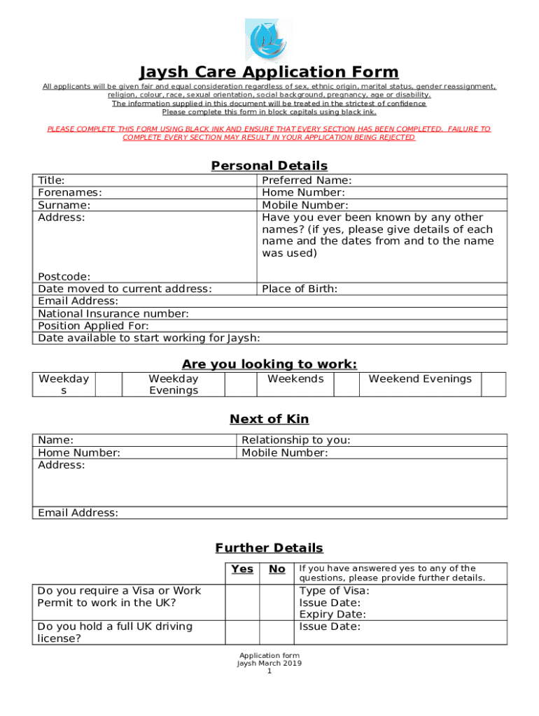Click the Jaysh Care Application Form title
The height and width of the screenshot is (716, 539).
coord(269,72)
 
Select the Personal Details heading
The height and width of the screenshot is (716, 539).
coord(269,166)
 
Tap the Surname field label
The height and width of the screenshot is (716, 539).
coord(64,206)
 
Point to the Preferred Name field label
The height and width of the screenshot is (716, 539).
coord(307,180)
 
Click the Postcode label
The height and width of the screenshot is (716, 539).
coord(64,277)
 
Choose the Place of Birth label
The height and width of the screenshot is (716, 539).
coord(300,289)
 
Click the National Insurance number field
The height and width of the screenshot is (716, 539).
coord(269,314)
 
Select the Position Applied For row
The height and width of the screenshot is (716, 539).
coord(269,326)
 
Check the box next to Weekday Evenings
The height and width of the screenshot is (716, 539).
coord(239,384)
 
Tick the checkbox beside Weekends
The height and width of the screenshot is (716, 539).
coord(346,384)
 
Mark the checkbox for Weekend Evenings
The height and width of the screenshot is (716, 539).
coord(494,384)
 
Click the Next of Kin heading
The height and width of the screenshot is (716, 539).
coord(269,419)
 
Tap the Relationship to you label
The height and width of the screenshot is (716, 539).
coord(296,441)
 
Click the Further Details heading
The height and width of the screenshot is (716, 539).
coord(269,548)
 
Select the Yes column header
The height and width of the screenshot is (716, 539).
coord(242,569)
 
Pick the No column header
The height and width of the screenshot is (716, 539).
coord(277,569)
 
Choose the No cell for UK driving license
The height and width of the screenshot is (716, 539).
coord(277,632)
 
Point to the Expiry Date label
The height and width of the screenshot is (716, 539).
coord(332,615)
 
